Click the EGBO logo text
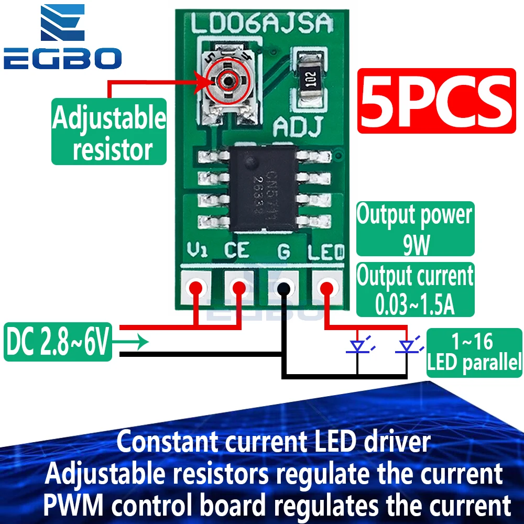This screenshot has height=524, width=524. pyautogui.click(x=63, y=58)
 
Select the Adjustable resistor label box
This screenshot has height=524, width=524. pyautogui.click(x=109, y=132)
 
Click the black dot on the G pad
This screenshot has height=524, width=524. pyautogui.click(x=283, y=288)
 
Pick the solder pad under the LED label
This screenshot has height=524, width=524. pyautogui.click(x=327, y=287)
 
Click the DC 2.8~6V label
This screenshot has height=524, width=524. pyautogui.click(x=58, y=342)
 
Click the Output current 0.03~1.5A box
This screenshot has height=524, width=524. pyautogui.click(x=415, y=290)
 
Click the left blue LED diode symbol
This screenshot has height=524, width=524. pyautogui.click(x=358, y=346)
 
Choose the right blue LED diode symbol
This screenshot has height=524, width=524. pyautogui.click(x=407, y=346)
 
